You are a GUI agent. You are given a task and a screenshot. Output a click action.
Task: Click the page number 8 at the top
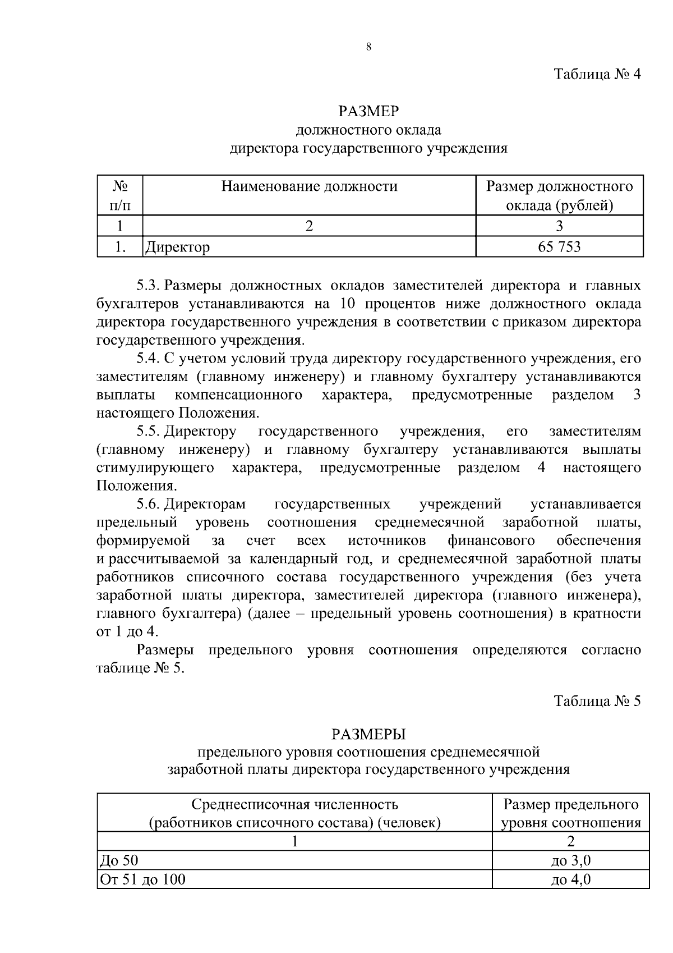(368, 47)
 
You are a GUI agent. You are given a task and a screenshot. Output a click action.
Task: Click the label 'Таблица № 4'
(597, 75)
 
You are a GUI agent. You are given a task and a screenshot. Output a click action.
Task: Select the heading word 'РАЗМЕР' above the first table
(368, 111)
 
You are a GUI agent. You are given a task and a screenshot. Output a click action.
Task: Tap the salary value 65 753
(559, 246)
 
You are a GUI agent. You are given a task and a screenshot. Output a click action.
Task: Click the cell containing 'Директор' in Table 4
(178, 247)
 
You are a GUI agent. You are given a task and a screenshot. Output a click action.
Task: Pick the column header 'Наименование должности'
(309, 186)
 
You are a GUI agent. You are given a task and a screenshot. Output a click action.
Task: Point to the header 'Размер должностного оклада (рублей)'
(559, 196)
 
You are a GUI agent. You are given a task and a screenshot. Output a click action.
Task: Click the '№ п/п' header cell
(119, 195)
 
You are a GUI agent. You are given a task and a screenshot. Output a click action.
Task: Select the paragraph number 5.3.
(149, 286)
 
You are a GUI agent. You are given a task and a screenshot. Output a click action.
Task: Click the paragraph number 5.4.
(149, 359)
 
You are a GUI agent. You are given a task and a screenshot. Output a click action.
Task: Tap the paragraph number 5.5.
(149, 432)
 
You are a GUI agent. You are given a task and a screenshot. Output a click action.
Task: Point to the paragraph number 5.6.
(149, 505)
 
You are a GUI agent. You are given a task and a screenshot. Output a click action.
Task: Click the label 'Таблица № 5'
(597, 701)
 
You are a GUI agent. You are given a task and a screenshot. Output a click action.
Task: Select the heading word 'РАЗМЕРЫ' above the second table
(368, 734)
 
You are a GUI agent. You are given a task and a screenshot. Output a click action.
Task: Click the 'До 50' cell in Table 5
(118, 861)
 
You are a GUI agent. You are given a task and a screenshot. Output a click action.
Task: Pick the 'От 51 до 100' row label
(142, 879)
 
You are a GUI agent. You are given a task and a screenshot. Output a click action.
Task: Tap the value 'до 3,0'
(570, 861)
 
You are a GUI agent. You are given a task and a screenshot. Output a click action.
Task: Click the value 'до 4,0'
(570, 879)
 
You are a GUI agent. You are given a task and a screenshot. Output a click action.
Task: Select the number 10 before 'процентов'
(348, 304)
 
